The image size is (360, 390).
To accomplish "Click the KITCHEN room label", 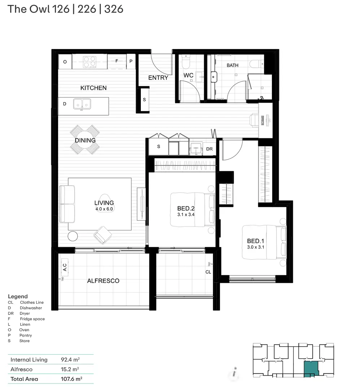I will [93, 88].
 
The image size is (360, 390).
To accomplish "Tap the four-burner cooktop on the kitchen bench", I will [90, 62].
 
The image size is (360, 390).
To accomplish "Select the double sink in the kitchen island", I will [82, 104].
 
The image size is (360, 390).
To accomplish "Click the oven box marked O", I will [65, 62].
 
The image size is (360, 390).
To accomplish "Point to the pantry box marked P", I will [131, 62].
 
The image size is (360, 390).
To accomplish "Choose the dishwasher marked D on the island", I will [65, 104].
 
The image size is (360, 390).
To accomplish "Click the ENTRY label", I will [158, 78].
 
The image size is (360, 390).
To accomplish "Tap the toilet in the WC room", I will [186, 62].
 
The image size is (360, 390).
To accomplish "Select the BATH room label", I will [233, 65].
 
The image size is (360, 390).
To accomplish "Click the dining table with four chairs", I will [85, 140].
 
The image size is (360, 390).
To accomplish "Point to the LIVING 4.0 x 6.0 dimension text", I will [104, 209].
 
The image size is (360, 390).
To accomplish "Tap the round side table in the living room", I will [73, 236].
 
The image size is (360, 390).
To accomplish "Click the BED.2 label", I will [186, 208].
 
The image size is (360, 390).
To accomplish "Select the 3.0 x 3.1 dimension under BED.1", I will [256, 247].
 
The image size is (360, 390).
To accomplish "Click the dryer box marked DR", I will [209, 149].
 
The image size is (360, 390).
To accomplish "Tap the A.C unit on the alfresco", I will [65, 267].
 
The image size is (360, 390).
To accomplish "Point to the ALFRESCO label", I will [103, 281].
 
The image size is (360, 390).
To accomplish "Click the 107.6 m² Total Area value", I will [71, 379].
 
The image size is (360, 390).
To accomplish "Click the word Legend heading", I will [18, 296].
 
